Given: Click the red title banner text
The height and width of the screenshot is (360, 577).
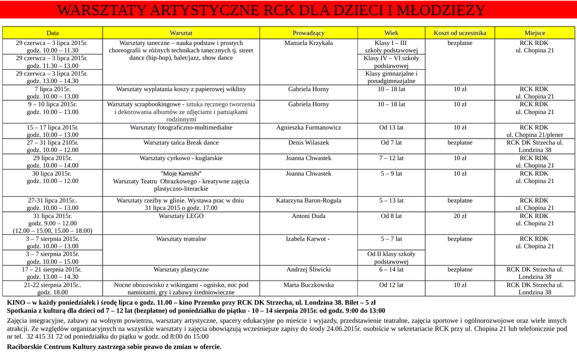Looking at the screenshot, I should (x=271, y=11).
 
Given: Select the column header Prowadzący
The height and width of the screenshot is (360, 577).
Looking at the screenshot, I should (x=308, y=33).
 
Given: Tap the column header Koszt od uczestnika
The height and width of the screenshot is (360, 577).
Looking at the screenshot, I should (x=460, y=33).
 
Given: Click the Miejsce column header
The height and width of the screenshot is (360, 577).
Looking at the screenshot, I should (x=535, y=33).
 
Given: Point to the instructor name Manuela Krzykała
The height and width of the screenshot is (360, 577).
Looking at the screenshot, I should (x=308, y=43).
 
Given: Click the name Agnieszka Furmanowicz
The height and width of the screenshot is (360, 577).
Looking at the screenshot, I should (x=308, y=127).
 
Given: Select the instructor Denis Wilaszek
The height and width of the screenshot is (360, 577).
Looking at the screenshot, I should (x=308, y=143).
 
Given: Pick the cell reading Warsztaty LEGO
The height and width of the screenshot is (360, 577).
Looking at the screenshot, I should (x=181, y=216).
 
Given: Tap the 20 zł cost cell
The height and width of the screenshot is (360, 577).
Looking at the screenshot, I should (x=460, y=216).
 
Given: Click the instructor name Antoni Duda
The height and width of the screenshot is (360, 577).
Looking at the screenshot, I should (x=308, y=216).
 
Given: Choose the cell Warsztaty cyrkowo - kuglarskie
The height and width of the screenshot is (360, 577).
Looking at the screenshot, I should (x=181, y=158).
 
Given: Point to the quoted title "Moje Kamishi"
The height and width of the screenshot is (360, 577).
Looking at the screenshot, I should (x=181, y=174).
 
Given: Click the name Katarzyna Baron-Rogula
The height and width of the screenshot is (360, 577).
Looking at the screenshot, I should (x=308, y=200).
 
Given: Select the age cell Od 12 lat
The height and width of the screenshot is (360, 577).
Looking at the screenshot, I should (x=391, y=285).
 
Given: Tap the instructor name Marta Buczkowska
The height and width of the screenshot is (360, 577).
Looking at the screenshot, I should (x=308, y=285).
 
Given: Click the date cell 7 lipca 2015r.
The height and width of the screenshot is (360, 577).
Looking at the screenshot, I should (x=52, y=89).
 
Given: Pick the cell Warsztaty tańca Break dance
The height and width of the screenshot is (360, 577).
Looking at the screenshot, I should (x=181, y=143).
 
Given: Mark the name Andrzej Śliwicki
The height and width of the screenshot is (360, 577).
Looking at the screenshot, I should (x=308, y=269).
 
